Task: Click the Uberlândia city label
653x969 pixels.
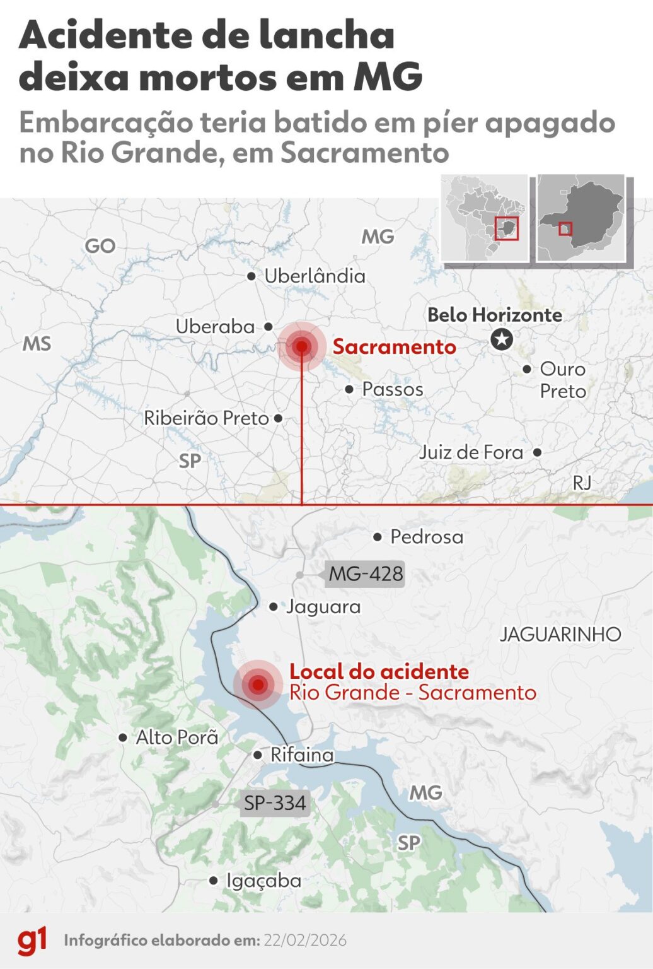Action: tap(315, 276)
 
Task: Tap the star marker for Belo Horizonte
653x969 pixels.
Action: tap(502, 340)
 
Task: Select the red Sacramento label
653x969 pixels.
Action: tap(394, 346)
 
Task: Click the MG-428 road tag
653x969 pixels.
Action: tap(366, 574)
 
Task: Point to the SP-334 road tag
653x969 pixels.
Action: tap(275, 803)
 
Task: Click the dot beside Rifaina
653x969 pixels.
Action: tap(257, 755)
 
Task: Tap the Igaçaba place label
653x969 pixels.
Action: tap(263, 881)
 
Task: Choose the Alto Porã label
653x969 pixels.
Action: tap(177, 737)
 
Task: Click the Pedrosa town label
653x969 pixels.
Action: tap(427, 537)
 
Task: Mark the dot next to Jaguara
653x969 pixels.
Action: tap(273, 607)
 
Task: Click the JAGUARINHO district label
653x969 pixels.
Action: tap(560, 634)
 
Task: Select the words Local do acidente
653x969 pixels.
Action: tap(379, 671)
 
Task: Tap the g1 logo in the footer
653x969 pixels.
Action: tap(32, 941)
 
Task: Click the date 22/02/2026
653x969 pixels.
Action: tap(305, 941)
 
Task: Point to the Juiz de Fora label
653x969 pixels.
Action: tap(471, 452)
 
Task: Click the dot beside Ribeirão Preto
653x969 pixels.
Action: tap(278, 418)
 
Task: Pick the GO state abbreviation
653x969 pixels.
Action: tap(100, 246)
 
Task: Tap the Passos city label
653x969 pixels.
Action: tap(392, 389)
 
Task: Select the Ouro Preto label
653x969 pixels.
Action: tap(562, 380)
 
